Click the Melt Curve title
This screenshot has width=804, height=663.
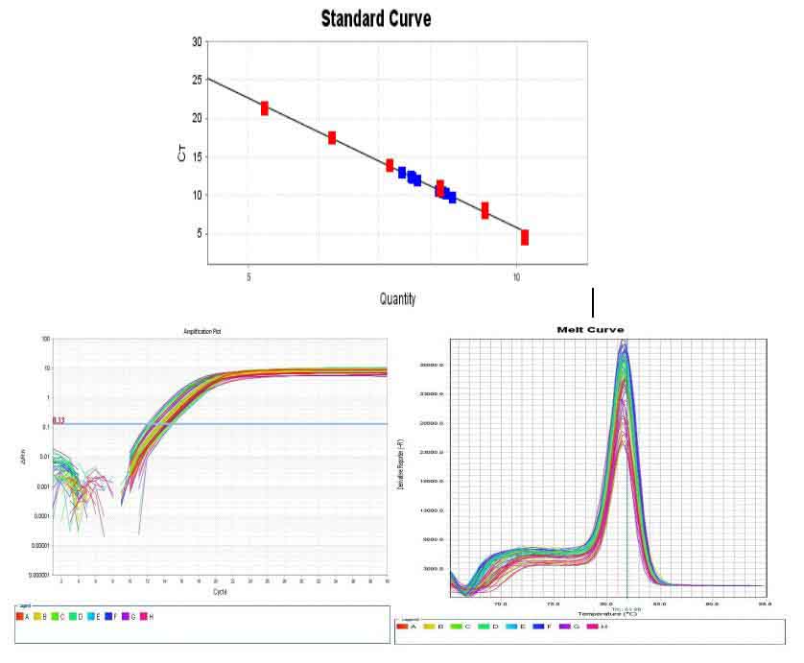(590, 329)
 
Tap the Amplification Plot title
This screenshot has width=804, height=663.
(202, 332)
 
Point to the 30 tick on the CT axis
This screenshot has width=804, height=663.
(197, 42)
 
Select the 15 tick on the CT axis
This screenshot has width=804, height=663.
(197, 157)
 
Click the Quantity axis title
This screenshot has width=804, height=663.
(397, 299)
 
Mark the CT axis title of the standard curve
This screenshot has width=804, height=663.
(182, 152)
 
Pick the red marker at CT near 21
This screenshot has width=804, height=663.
(264, 108)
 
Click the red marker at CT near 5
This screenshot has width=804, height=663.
(524, 237)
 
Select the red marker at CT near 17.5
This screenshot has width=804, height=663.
(331, 138)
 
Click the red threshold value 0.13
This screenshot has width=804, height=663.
(58, 420)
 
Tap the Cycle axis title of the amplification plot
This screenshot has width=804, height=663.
(221, 592)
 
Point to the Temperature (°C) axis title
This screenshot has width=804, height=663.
(607, 613)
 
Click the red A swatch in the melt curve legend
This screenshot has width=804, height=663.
(402, 626)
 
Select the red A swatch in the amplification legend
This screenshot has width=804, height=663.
(20, 616)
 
